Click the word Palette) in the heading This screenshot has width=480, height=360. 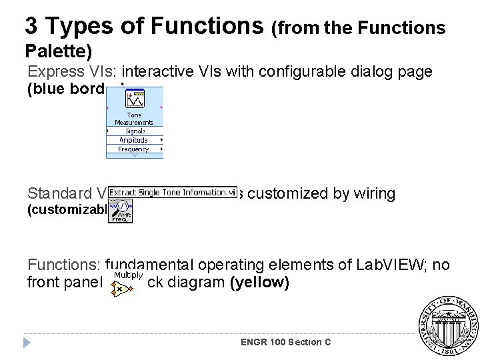pos(58,51)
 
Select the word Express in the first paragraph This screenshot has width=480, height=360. pos(53,71)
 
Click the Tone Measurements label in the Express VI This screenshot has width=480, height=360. pos(134,119)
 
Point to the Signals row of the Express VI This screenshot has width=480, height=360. pos(135,131)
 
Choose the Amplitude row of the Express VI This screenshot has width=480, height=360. pos(133,140)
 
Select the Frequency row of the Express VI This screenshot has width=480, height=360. pos(133,149)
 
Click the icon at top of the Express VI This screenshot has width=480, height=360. pos(134,99)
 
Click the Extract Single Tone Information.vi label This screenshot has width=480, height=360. pos(173,193)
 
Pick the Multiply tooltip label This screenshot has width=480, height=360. pos(128,275)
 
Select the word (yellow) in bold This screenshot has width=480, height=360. pos(259,283)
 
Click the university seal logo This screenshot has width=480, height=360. pos(447,325)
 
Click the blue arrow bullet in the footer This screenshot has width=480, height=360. pos(27,343)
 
